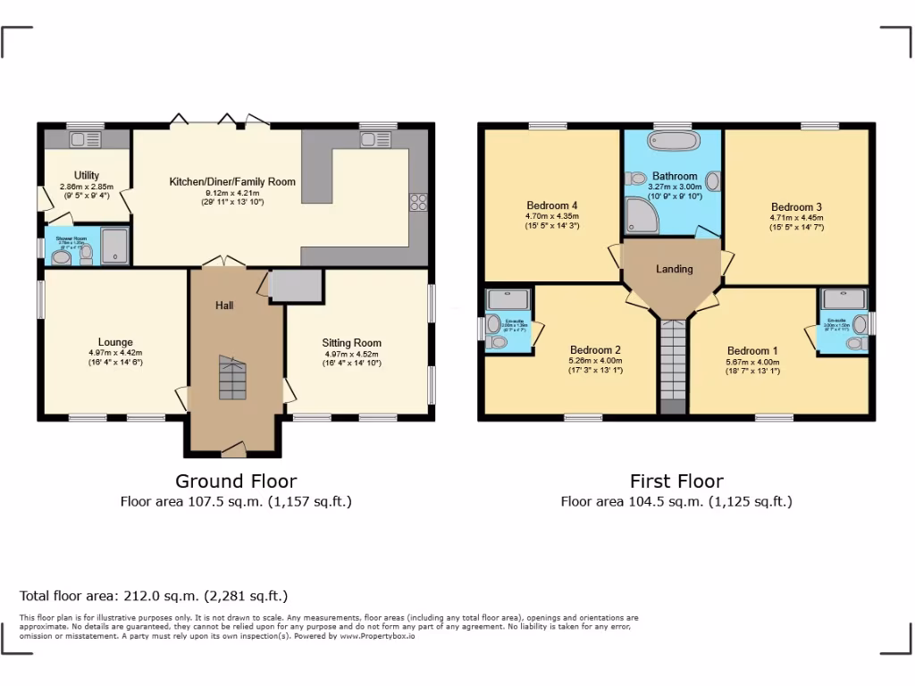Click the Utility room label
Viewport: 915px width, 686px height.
click(x=87, y=175)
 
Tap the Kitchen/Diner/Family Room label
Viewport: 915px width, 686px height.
click(x=232, y=181)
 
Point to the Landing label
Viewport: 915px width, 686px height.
click(x=674, y=269)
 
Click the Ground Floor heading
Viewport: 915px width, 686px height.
click(x=236, y=481)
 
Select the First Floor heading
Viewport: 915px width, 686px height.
click(x=676, y=481)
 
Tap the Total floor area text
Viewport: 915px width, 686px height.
click(x=154, y=596)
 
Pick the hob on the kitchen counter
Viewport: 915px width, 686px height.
click(x=417, y=202)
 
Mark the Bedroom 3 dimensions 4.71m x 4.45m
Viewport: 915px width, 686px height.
click(x=796, y=217)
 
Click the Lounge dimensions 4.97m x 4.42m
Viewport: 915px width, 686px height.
click(x=115, y=352)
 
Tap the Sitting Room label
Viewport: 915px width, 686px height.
click(x=352, y=342)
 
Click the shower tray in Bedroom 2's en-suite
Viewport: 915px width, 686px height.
click(x=508, y=298)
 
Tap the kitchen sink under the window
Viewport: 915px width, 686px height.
click(x=371, y=138)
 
